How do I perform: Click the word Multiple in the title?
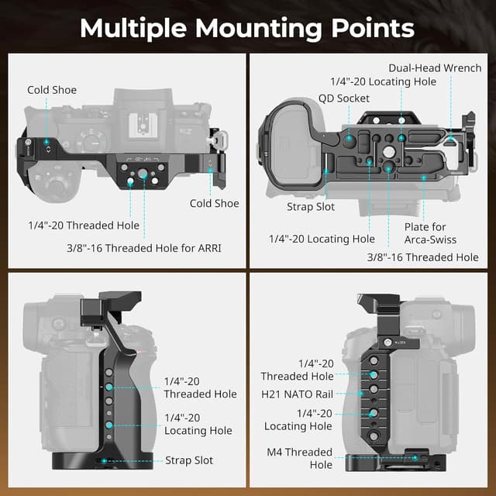tap(133, 28)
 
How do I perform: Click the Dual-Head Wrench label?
tap(435, 68)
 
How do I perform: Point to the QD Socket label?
tap(343, 98)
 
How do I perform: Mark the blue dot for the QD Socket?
tap(350, 139)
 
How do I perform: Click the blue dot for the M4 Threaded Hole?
tap(416, 457)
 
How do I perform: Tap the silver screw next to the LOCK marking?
tap(387, 342)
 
